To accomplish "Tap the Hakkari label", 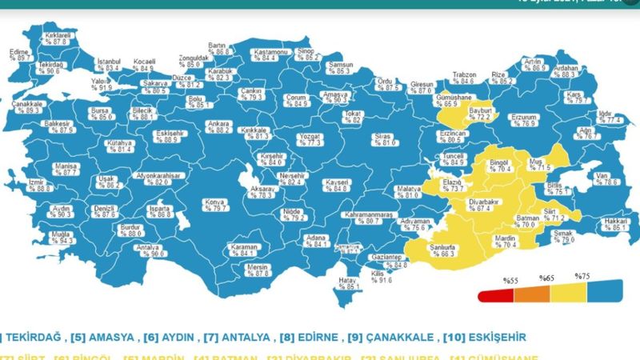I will (x=614, y=223).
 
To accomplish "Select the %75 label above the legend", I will (x=582, y=276).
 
